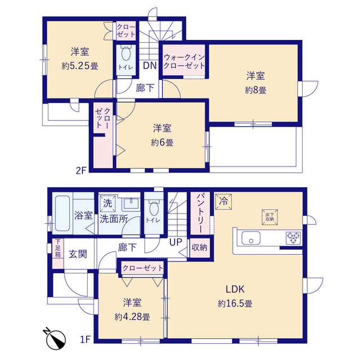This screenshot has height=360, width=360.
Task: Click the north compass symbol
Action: pyautogui.click(x=55, y=339)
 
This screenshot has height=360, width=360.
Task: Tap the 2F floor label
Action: pyautogui.click(x=81, y=170)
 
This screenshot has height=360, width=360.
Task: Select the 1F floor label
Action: pyautogui.click(x=85, y=339)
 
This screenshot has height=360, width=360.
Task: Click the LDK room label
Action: pyautogui.click(x=235, y=289)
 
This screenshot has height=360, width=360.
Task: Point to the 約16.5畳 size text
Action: pyautogui.click(x=235, y=304)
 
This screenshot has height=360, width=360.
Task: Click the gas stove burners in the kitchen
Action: pyautogui.click(x=294, y=237)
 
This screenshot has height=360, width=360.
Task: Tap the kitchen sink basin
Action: pyautogui.click(x=251, y=238)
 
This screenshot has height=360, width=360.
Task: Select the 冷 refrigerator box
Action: pyautogui.click(x=223, y=201)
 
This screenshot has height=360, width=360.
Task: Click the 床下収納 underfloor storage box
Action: pyautogui.click(x=270, y=217)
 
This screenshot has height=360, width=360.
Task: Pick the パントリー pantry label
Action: pyautogui.click(x=200, y=213)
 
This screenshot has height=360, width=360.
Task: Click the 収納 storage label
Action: pyautogui.click(x=199, y=247)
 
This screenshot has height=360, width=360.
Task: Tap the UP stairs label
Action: pyautogui.click(x=175, y=242)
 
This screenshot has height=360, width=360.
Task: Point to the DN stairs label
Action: pyautogui.click(x=150, y=66)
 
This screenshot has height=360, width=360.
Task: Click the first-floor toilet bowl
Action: pyautogui.click(x=154, y=208)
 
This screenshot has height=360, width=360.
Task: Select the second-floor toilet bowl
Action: pyautogui.click(x=126, y=54)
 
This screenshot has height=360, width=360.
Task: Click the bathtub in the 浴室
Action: pyautogui.click(x=62, y=213)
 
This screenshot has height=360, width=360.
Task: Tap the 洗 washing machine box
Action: pyautogui.click(x=107, y=204)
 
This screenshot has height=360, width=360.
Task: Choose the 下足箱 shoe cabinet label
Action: pyautogui.click(x=58, y=248)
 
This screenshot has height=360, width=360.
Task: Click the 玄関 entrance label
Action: pyautogui.click(x=78, y=254)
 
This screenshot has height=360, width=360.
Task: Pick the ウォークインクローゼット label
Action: pyautogui.click(x=184, y=61)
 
